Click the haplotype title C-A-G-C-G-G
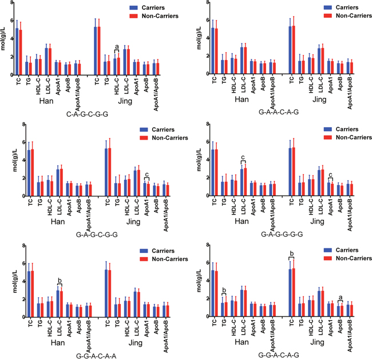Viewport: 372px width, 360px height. tap(87, 114)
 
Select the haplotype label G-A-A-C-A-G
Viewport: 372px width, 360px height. tap(279, 112)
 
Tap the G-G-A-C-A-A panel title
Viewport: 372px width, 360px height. tap(96, 356)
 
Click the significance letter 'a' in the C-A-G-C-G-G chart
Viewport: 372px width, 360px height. tap(117, 46)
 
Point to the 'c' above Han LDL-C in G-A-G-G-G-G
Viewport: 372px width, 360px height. tap(243, 157)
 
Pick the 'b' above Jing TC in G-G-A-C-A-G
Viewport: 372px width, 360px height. tap(292, 254)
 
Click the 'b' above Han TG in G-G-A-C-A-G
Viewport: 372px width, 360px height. tap(224, 290)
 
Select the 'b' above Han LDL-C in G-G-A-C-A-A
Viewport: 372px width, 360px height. tap(60, 280)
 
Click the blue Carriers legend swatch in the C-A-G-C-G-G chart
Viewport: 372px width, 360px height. tap(133, 7)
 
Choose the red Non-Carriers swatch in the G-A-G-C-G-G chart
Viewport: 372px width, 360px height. tap(144, 138)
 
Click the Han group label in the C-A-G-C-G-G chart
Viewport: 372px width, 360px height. tap(46, 101)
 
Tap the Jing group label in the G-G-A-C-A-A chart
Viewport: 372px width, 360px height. tap(136, 343)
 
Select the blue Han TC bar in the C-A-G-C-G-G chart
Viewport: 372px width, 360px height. tap(17, 52)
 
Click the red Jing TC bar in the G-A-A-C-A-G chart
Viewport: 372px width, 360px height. tap(294, 50)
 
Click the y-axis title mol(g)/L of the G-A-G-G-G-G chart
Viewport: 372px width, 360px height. tap(199, 160)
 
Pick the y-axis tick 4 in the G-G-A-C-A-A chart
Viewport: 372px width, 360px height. tap(23, 282)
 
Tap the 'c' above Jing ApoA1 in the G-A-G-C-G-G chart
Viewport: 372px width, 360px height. tap(147, 175)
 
